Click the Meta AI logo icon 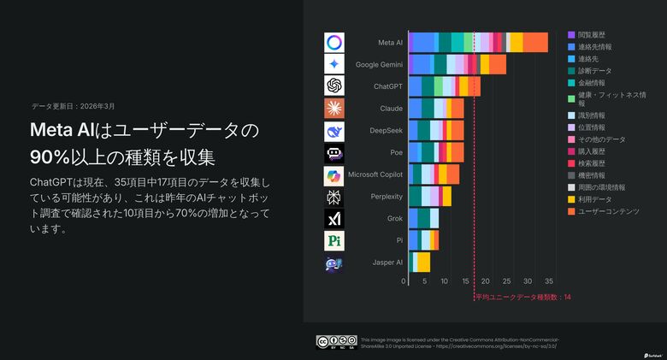(x=334, y=42)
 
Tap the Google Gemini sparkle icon (x=334, y=64)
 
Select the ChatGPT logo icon (x=334, y=86)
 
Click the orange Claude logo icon (x=334, y=109)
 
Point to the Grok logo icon (x=334, y=218)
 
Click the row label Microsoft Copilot (x=375, y=174)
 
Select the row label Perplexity (x=385, y=197)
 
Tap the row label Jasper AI (x=387, y=263)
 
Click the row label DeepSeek (x=386, y=131)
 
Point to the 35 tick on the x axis (x=549, y=281)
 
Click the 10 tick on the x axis (x=445, y=281)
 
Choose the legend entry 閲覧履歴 (x=592, y=34)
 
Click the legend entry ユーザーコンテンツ (x=608, y=211)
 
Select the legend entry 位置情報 (x=592, y=127)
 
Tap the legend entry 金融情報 (x=592, y=83)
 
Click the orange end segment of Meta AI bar (x=535, y=42)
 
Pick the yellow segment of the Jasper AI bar (x=423, y=263)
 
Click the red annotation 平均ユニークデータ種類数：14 (x=522, y=297)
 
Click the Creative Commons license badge (x=336, y=342)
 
